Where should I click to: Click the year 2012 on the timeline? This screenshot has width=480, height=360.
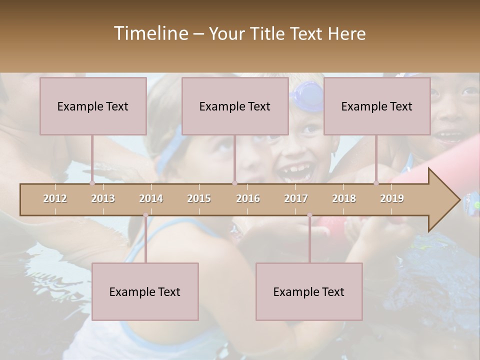[55, 198]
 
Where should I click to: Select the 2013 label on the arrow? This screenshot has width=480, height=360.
[103, 198]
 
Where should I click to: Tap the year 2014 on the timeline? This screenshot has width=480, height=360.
[151, 198]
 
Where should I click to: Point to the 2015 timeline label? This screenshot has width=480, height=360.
[199, 198]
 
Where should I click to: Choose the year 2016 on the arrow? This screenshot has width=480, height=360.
[248, 198]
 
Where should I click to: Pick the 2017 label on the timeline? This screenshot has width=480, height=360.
[296, 198]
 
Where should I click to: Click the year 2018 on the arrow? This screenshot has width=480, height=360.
[344, 198]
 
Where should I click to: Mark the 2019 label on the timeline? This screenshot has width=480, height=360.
[392, 198]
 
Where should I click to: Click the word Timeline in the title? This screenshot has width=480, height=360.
[150, 33]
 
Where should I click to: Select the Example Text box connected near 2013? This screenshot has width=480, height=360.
[93, 106]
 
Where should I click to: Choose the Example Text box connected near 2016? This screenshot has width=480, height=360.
[235, 106]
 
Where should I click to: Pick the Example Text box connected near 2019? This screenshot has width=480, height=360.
[377, 106]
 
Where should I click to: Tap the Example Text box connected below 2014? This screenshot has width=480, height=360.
[145, 291]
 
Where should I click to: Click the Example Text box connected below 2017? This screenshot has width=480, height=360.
[309, 291]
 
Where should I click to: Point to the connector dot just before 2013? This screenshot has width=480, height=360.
[92, 183]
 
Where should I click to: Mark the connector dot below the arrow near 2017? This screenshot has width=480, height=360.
[309, 215]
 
